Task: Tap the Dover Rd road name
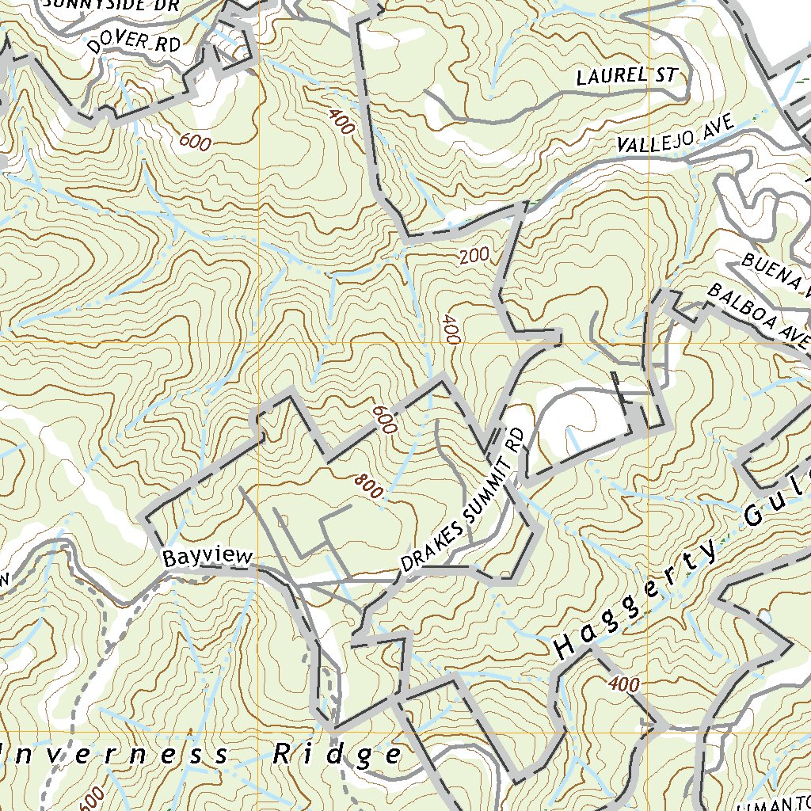pyautogui.click(x=134, y=44)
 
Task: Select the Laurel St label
pyautogui.click(x=626, y=77)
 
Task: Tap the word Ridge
pyautogui.click(x=337, y=755)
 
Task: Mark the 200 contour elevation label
pyautogui.click(x=473, y=256)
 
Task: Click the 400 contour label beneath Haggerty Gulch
pyautogui.click(x=625, y=683)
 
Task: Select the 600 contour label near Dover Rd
pyautogui.click(x=195, y=143)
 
